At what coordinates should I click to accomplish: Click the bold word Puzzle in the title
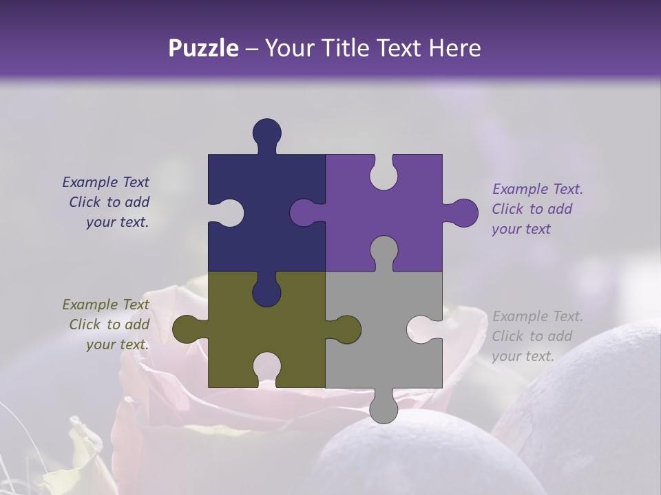click(203, 48)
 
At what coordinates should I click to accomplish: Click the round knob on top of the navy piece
click(266, 132)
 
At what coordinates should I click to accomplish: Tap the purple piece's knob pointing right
click(463, 213)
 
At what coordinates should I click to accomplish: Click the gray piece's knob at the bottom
click(384, 409)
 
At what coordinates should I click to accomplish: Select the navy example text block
click(107, 202)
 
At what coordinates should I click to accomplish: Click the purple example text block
click(536, 209)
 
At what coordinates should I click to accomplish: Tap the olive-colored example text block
click(107, 324)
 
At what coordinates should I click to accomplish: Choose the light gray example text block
click(536, 336)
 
